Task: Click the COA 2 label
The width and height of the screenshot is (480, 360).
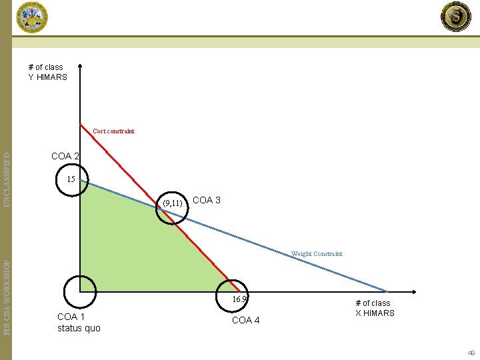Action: pyautogui.click(x=65, y=156)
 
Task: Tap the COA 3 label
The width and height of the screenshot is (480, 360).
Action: pyautogui.click(x=206, y=200)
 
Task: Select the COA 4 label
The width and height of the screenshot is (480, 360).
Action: pyautogui.click(x=245, y=320)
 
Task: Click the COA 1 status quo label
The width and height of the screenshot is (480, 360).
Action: pyautogui.click(x=79, y=322)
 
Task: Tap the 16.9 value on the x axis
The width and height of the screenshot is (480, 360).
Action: pyautogui.click(x=239, y=300)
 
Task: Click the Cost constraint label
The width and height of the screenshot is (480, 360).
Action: pyautogui.click(x=113, y=131)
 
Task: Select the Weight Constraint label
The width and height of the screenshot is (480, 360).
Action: pyautogui.click(x=317, y=254)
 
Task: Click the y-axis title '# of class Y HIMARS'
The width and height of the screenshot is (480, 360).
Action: pyautogui.click(x=47, y=72)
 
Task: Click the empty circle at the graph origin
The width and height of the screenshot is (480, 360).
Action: pyautogui.click(x=80, y=291)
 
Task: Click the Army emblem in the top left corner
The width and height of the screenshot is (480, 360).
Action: pyautogui.click(x=31, y=17)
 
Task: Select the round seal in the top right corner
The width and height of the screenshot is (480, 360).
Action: pyautogui.click(x=456, y=17)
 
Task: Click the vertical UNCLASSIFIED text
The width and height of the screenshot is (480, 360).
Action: pyautogui.click(x=7, y=178)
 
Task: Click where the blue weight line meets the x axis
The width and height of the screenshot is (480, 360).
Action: pyautogui.click(x=387, y=291)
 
